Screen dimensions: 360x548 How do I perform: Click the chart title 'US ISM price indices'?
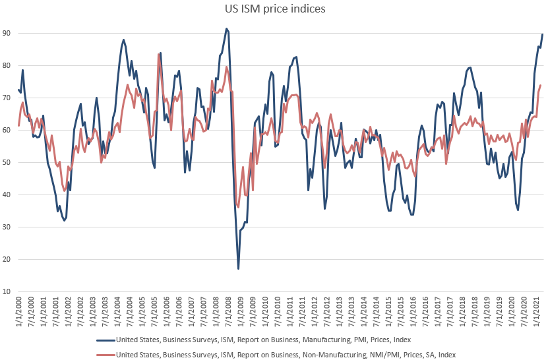(274, 10)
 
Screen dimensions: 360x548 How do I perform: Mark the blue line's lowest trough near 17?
(238, 268)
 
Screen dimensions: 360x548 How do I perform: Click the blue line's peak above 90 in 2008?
(226, 28)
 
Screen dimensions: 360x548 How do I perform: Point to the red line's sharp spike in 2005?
(158, 54)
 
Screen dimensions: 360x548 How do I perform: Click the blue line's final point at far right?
(542, 34)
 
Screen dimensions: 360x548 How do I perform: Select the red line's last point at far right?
(541, 85)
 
